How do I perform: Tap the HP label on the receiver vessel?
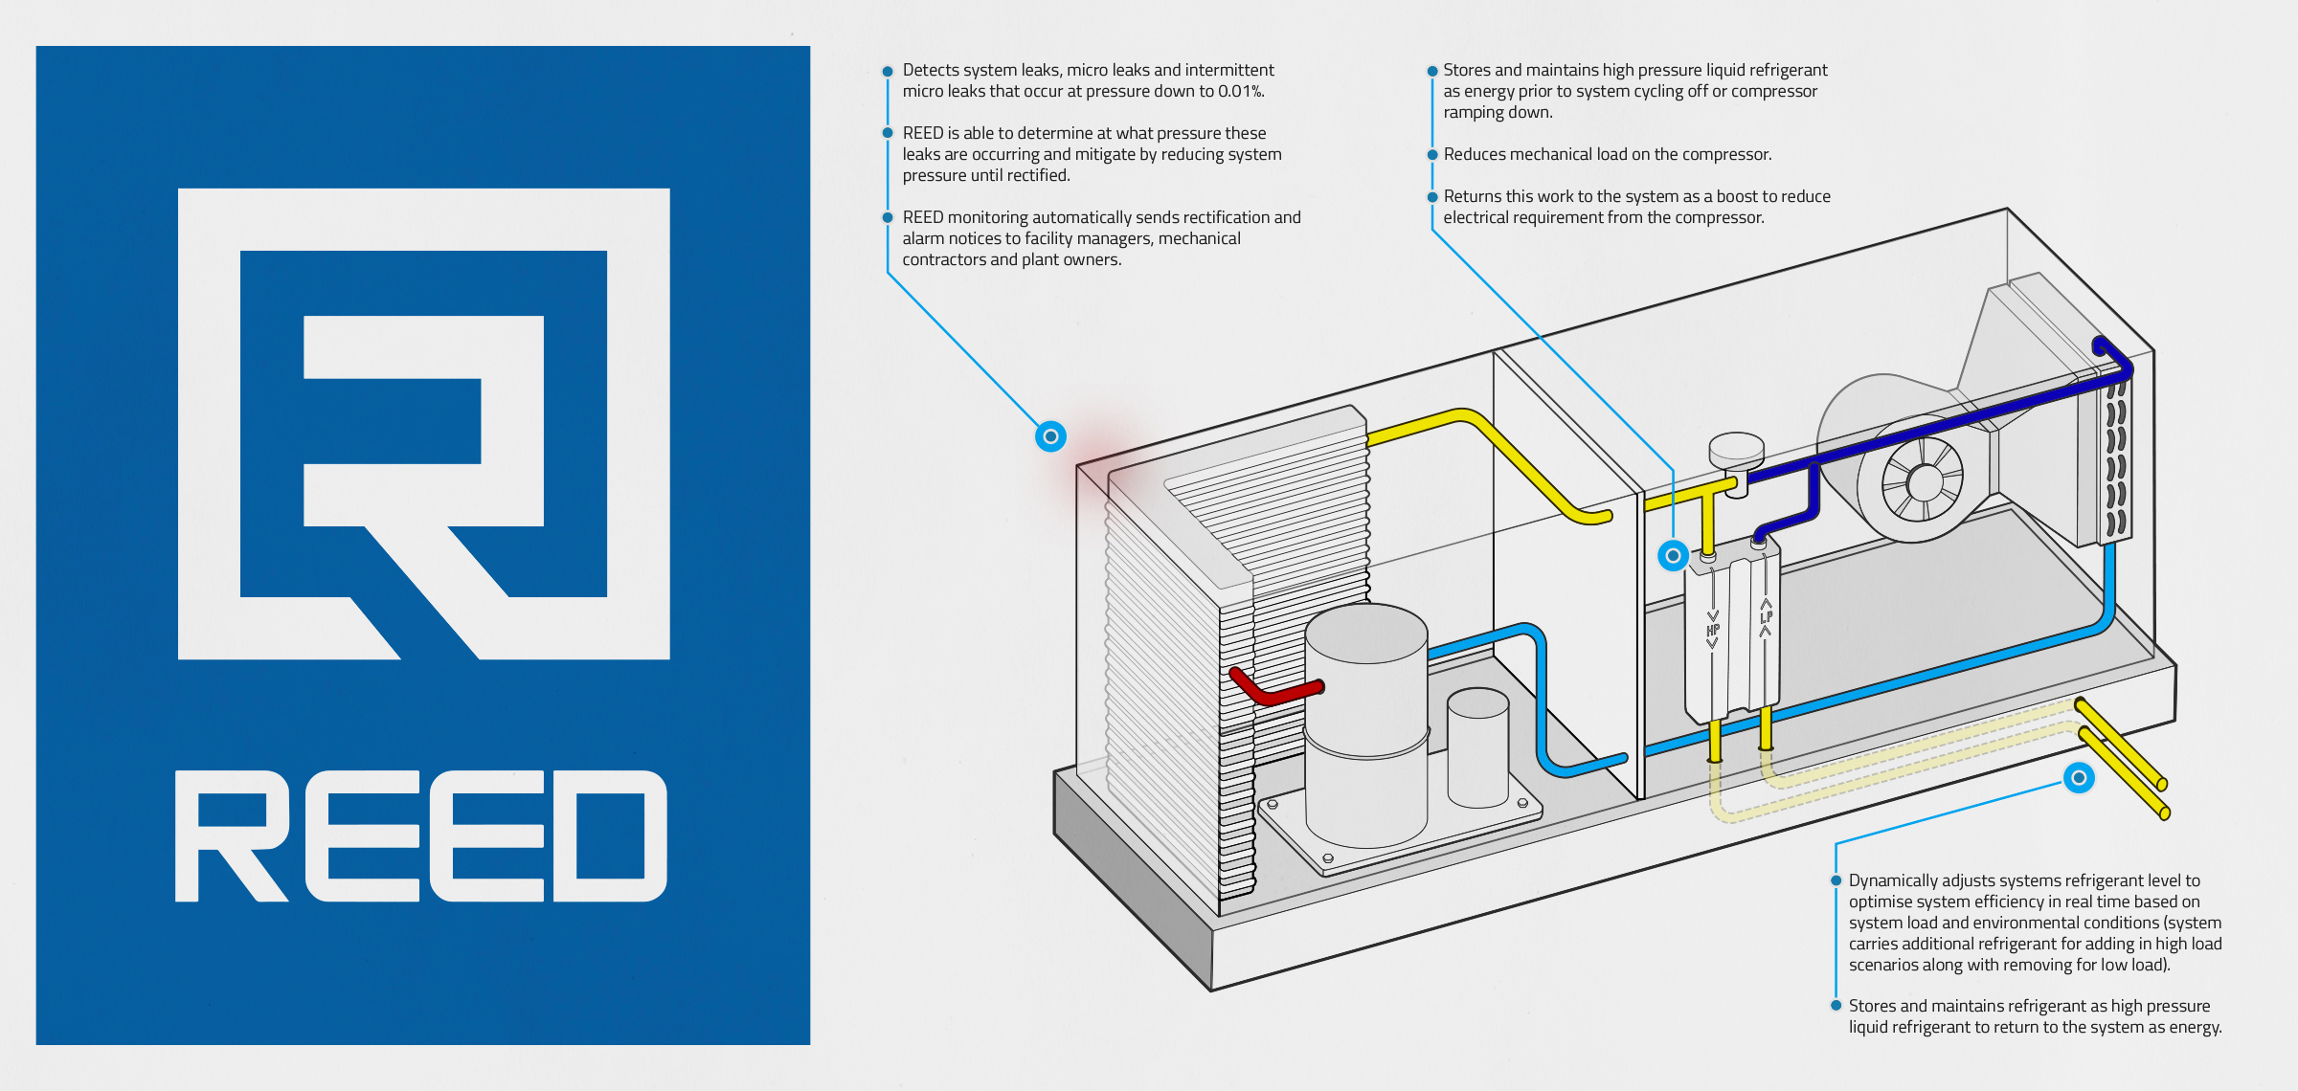[1713, 631]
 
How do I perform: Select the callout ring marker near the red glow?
[1050, 436]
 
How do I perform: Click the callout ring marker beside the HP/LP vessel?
[1673, 555]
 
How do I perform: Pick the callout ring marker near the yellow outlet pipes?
[2079, 777]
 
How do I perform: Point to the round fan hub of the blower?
[1923, 482]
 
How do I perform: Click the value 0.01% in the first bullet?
[1241, 92]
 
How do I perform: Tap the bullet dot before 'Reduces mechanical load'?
[1432, 154]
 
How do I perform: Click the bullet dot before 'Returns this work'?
[1432, 197]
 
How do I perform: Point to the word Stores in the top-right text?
[1467, 70]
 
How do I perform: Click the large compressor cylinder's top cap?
[1366, 632]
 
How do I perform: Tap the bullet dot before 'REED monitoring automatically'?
[888, 217]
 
